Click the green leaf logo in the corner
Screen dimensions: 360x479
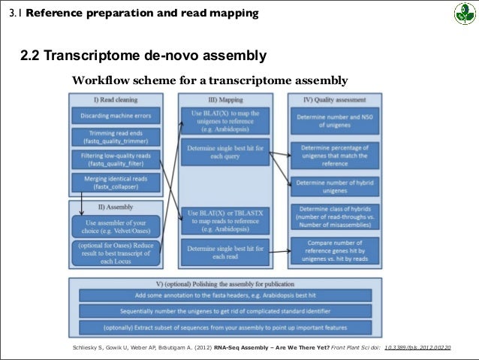click(462, 14)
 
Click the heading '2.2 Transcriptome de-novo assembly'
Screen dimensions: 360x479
click(143, 57)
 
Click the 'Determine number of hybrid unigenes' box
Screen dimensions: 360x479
click(334, 186)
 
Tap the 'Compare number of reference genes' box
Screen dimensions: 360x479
click(334, 251)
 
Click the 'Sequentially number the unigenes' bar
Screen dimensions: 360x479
click(225, 310)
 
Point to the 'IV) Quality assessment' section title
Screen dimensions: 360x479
click(334, 99)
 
